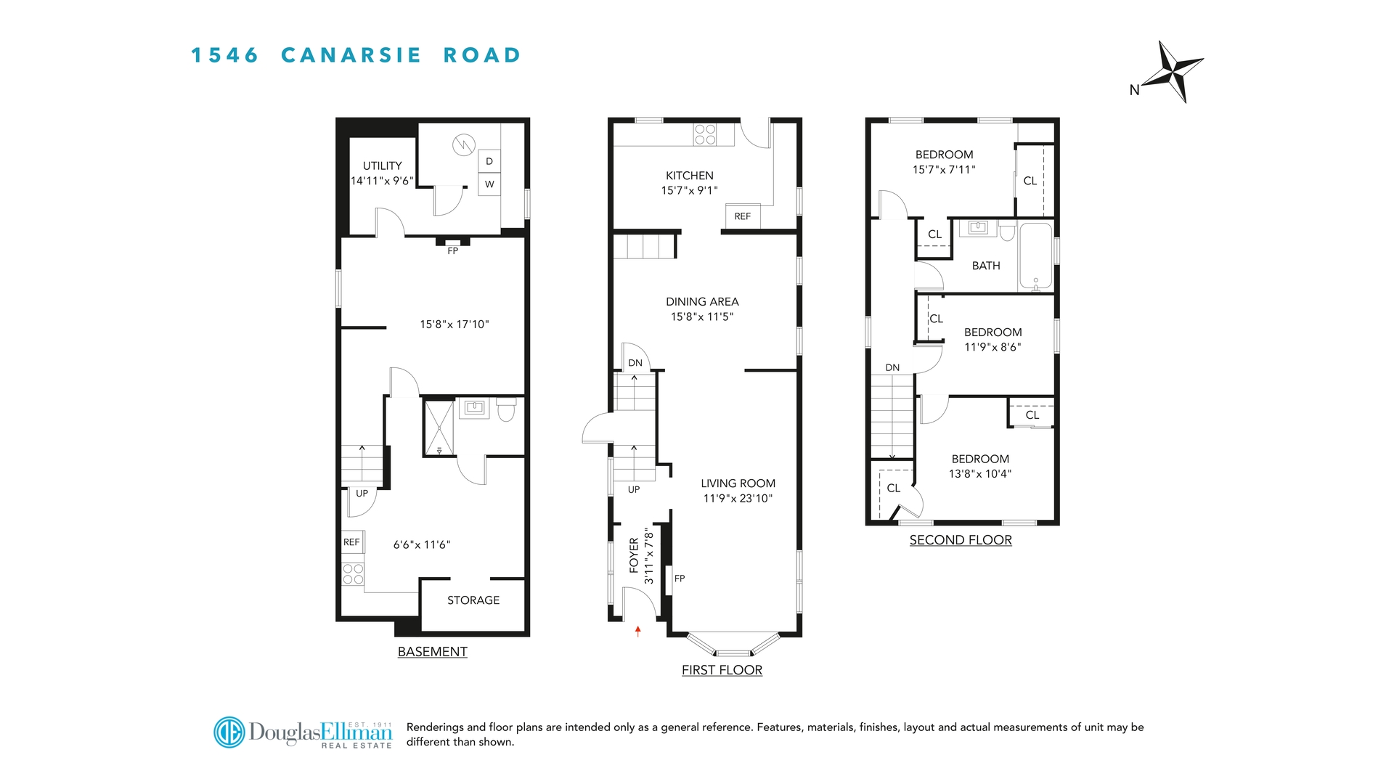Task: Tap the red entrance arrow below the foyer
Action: click(x=638, y=631)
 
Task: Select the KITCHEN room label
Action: click(x=689, y=176)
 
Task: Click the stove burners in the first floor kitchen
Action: click(x=705, y=134)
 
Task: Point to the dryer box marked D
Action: click(x=489, y=161)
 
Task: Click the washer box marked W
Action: click(x=489, y=184)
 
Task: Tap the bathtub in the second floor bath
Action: click(x=1035, y=256)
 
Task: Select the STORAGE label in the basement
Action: click(x=473, y=600)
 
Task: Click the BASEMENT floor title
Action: click(x=432, y=652)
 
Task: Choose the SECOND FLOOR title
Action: click(x=961, y=540)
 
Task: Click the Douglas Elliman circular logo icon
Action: click(x=229, y=732)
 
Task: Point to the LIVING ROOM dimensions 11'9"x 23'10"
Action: click(x=738, y=499)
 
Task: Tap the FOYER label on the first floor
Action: click(x=634, y=555)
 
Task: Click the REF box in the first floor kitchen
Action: click(x=742, y=216)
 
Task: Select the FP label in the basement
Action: click(x=453, y=251)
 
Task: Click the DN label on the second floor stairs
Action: click(x=892, y=368)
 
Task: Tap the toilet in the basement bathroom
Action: click(x=506, y=410)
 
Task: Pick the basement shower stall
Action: click(x=439, y=428)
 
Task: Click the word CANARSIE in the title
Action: click(x=351, y=55)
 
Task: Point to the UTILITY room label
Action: click(x=383, y=166)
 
